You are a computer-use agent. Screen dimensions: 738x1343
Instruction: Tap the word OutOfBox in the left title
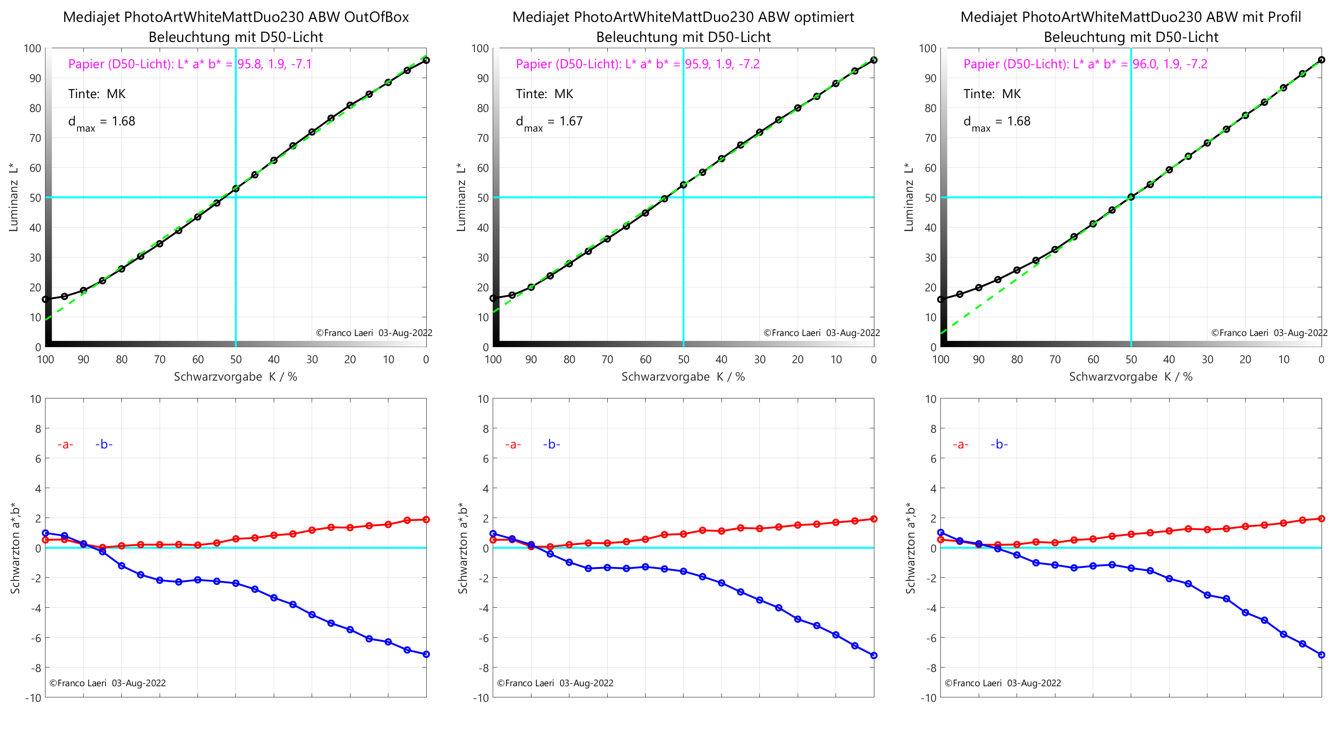[376, 17]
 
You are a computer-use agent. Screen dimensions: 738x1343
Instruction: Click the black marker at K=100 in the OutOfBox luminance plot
[46, 299]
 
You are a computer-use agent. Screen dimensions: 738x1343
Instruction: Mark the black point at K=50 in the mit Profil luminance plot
[1131, 197]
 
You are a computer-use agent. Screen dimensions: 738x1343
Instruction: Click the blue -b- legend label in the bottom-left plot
[104, 444]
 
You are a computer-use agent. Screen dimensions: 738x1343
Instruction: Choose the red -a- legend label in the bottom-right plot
[960, 444]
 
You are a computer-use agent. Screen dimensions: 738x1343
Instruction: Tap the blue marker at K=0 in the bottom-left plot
[426, 654]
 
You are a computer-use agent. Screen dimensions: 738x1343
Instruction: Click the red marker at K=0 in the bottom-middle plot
[874, 519]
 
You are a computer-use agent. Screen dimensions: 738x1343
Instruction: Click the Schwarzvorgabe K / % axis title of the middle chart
[683, 377]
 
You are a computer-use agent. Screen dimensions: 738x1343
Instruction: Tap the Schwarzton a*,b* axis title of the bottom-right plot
[910, 547]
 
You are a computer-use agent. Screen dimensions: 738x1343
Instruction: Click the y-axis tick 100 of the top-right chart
[927, 49]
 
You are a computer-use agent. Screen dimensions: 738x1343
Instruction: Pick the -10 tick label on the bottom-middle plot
[480, 698]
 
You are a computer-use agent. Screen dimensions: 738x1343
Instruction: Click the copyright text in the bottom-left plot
[107, 683]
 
